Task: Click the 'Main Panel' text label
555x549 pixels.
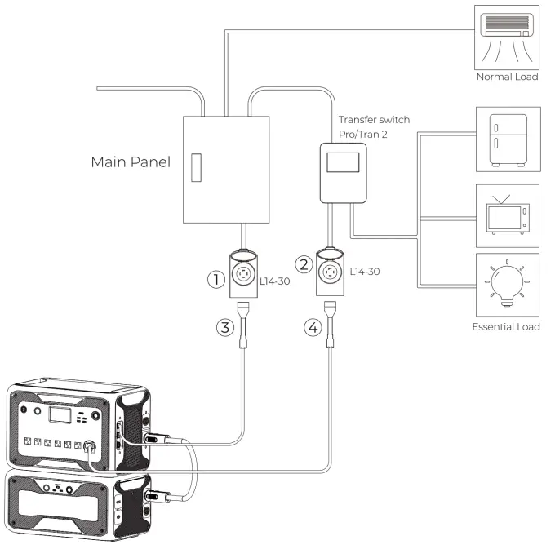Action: pyautogui.click(x=131, y=162)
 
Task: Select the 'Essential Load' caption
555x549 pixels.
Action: pyautogui.click(x=506, y=326)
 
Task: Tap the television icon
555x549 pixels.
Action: pyautogui.click(x=506, y=214)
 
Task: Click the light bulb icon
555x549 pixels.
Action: pyautogui.click(x=506, y=285)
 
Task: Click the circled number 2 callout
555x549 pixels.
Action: pyautogui.click(x=304, y=264)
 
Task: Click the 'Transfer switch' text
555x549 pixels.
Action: pyautogui.click(x=374, y=120)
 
